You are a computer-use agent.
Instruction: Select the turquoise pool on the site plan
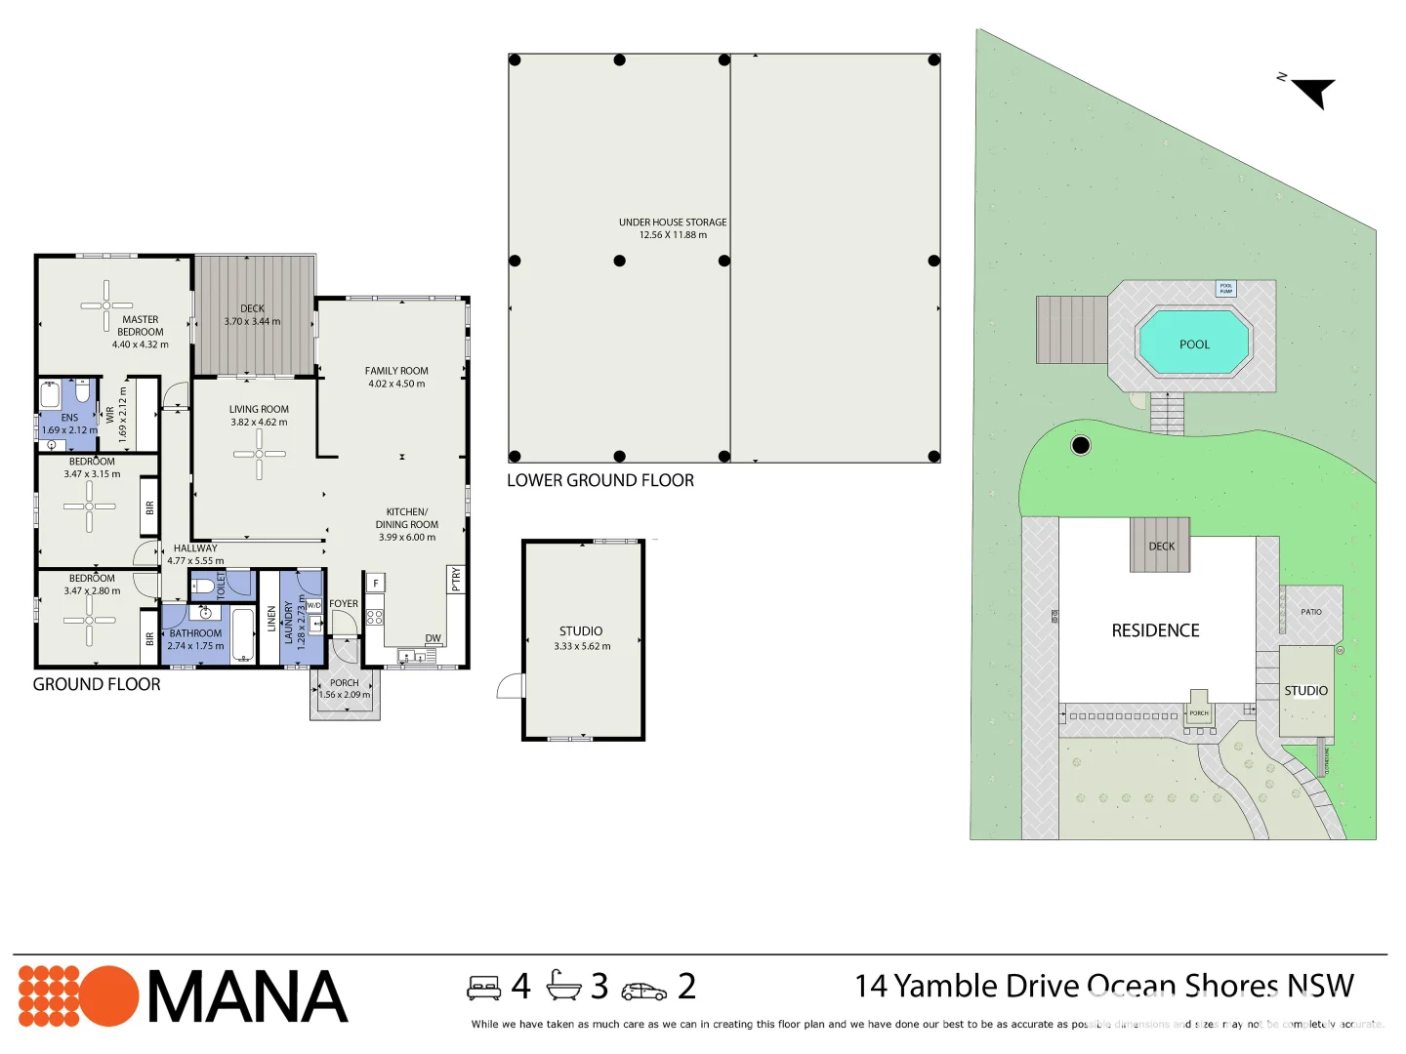1193,343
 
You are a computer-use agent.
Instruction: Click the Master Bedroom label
141,326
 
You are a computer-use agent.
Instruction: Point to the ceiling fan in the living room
259,454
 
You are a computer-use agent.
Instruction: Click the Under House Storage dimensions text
673,235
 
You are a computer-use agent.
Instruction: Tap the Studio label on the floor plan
581,631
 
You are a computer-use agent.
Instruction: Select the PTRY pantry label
455,580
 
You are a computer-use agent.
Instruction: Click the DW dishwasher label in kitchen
433,638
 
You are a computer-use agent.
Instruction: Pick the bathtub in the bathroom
242,634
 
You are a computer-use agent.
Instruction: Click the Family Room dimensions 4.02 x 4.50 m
396,384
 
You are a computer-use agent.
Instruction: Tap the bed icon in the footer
484,988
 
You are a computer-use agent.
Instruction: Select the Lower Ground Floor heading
600,480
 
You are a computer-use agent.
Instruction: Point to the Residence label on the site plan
1155,630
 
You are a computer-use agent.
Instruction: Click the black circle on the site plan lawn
1081,445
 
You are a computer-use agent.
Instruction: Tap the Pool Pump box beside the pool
1225,289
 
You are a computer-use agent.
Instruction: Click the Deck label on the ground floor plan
252,308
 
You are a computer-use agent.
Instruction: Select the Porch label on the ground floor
344,683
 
